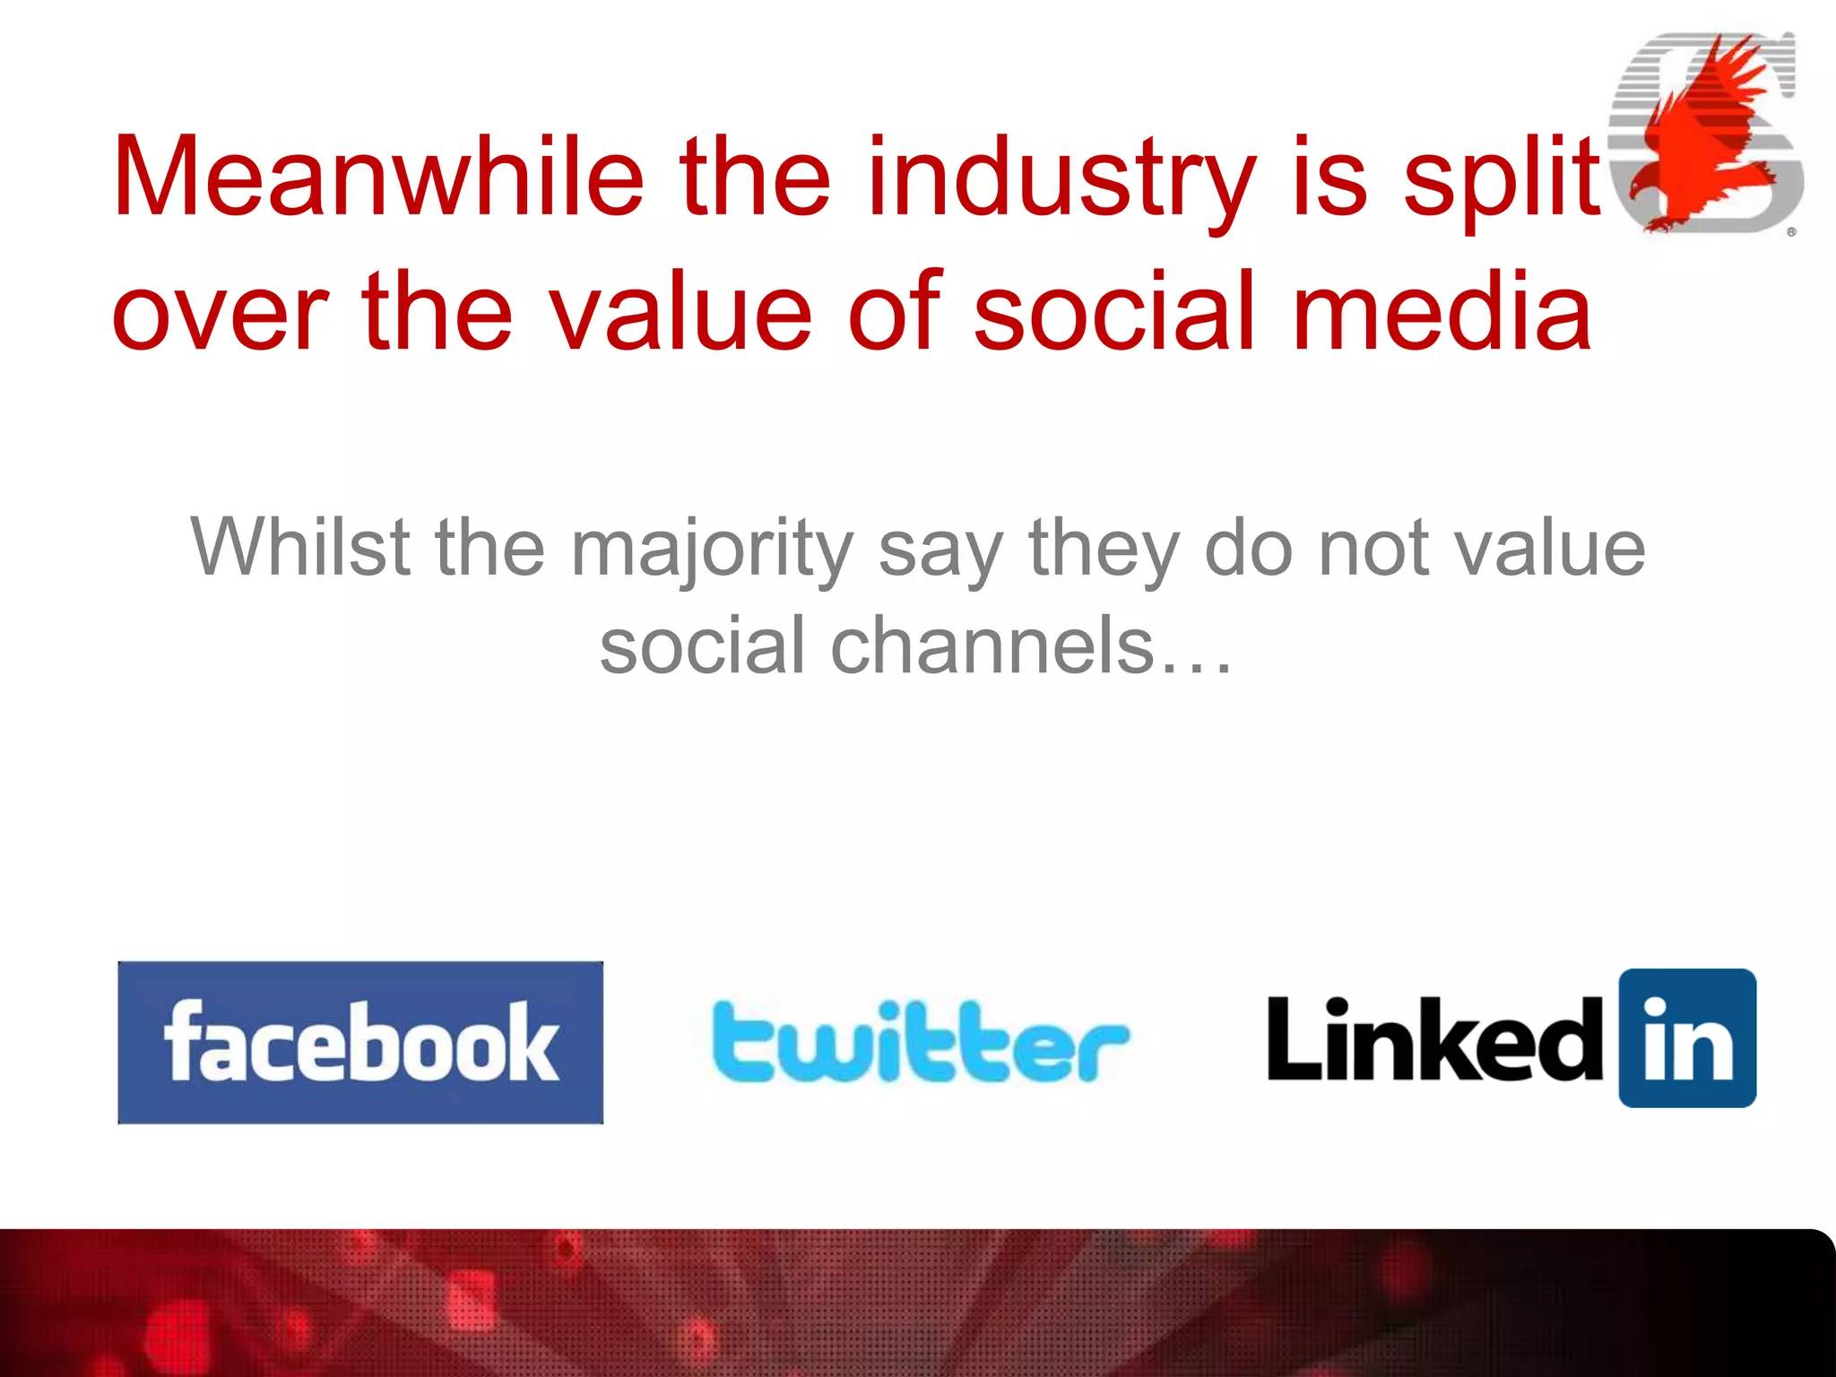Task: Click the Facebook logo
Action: point(360,1042)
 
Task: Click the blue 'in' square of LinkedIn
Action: point(1686,1038)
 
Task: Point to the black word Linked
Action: point(1434,1040)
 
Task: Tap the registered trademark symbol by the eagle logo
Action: point(1790,232)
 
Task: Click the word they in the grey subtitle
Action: point(1104,548)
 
